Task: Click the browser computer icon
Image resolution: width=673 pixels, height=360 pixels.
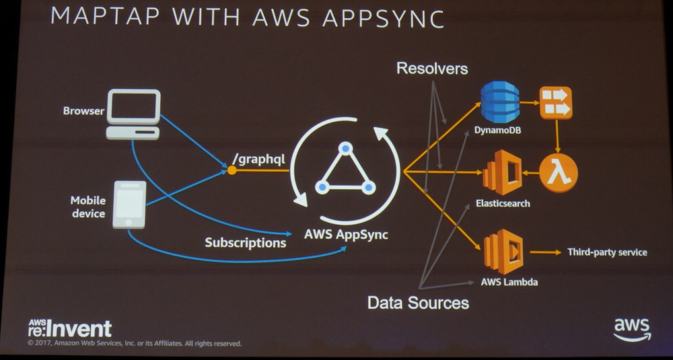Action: pyautogui.click(x=133, y=114)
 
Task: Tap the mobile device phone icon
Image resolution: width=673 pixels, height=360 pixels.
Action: pyautogui.click(x=129, y=204)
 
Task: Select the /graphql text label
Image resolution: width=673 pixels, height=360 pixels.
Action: pyautogui.click(x=260, y=159)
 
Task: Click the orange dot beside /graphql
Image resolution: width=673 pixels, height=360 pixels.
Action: pyautogui.click(x=232, y=170)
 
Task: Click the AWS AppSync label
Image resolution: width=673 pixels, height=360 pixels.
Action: pyautogui.click(x=346, y=236)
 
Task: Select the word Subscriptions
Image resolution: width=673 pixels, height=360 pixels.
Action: pyautogui.click(x=246, y=242)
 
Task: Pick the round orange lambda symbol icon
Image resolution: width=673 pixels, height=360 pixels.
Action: pyautogui.click(x=558, y=173)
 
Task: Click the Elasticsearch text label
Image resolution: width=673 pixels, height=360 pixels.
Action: pyautogui.click(x=503, y=203)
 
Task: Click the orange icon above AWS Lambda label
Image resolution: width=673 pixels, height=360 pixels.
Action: pyautogui.click(x=503, y=252)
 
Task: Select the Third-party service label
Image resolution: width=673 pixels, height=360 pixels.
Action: pyautogui.click(x=607, y=252)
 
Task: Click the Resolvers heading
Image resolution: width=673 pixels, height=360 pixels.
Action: pyautogui.click(x=432, y=68)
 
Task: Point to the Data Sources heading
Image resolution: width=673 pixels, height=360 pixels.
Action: pyautogui.click(x=418, y=302)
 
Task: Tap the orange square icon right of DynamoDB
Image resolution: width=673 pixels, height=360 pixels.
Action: pyautogui.click(x=556, y=103)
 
